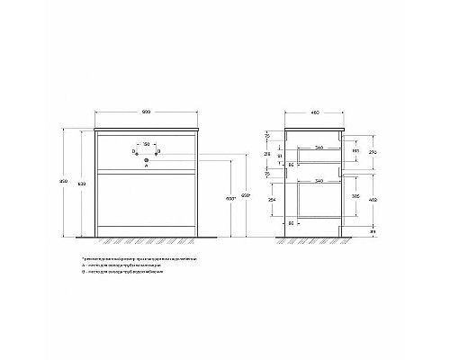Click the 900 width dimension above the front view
pos(146,111)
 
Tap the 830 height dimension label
pos(84,184)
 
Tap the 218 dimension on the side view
pos(268,155)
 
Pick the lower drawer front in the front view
pos(146,203)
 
